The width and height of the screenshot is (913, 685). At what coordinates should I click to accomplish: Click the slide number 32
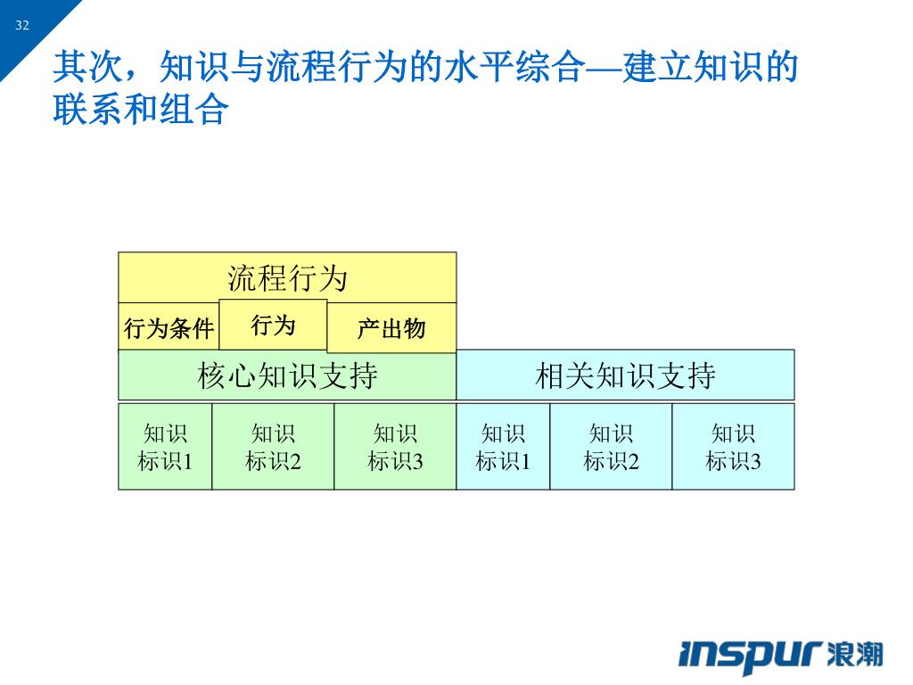pyautogui.click(x=22, y=25)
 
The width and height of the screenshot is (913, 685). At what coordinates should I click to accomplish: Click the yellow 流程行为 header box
pyautogui.click(x=287, y=277)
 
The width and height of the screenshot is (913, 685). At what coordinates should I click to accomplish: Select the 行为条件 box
pyautogui.click(x=169, y=329)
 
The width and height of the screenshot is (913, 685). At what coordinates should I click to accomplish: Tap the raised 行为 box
pyautogui.click(x=273, y=325)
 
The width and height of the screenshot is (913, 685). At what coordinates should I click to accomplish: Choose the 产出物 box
pyautogui.click(x=391, y=329)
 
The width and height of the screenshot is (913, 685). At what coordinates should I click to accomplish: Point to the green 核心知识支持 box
pyautogui.click(x=287, y=376)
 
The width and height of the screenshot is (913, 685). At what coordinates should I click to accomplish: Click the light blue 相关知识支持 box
pyautogui.click(x=625, y=376)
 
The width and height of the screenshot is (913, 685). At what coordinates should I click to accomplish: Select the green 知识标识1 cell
pyautogui.click(x=165, y=447)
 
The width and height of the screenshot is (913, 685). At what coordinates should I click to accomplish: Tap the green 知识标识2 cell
pyautogui.click(x=273, y=447)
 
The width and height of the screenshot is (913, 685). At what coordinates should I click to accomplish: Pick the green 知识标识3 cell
pyautogui.click(x=395, y=447)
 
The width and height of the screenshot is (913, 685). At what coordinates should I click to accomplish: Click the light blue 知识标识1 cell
pyautogui.click(x=503, y=447)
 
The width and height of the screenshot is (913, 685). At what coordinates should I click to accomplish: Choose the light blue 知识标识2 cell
pyautogui.click(x=611, y=447)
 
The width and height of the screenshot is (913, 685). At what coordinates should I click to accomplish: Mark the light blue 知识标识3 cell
pyautogui.click(x=733, y=447)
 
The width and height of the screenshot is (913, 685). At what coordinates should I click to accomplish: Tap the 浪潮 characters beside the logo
pyautogui.click(x=854, y=655)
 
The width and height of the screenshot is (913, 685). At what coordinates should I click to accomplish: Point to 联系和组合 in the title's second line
pyautogui.click(x=141, y=110)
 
